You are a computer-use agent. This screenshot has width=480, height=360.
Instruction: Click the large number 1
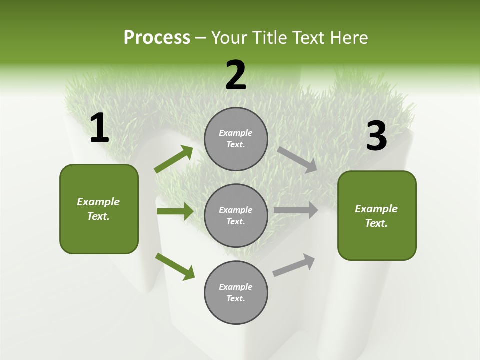coord(99,128)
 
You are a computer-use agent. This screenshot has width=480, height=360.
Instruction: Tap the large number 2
coord(236,76)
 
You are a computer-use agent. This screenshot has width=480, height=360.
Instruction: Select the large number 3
coord(376,136)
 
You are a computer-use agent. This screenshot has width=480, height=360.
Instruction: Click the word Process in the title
coord(157,37)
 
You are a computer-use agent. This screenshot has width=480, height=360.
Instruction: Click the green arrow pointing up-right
coord(174,159)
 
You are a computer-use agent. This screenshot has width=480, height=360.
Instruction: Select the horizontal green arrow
coord(175,211)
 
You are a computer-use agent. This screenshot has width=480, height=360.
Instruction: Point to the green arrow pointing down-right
coord(175,266)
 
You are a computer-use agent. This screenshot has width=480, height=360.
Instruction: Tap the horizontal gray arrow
coord(295,210)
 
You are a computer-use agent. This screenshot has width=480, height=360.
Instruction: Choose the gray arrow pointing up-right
coord(294,265)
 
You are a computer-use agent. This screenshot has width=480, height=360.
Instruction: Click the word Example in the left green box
coord(98,202)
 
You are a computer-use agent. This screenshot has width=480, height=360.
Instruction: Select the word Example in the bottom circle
coord(235,287)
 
